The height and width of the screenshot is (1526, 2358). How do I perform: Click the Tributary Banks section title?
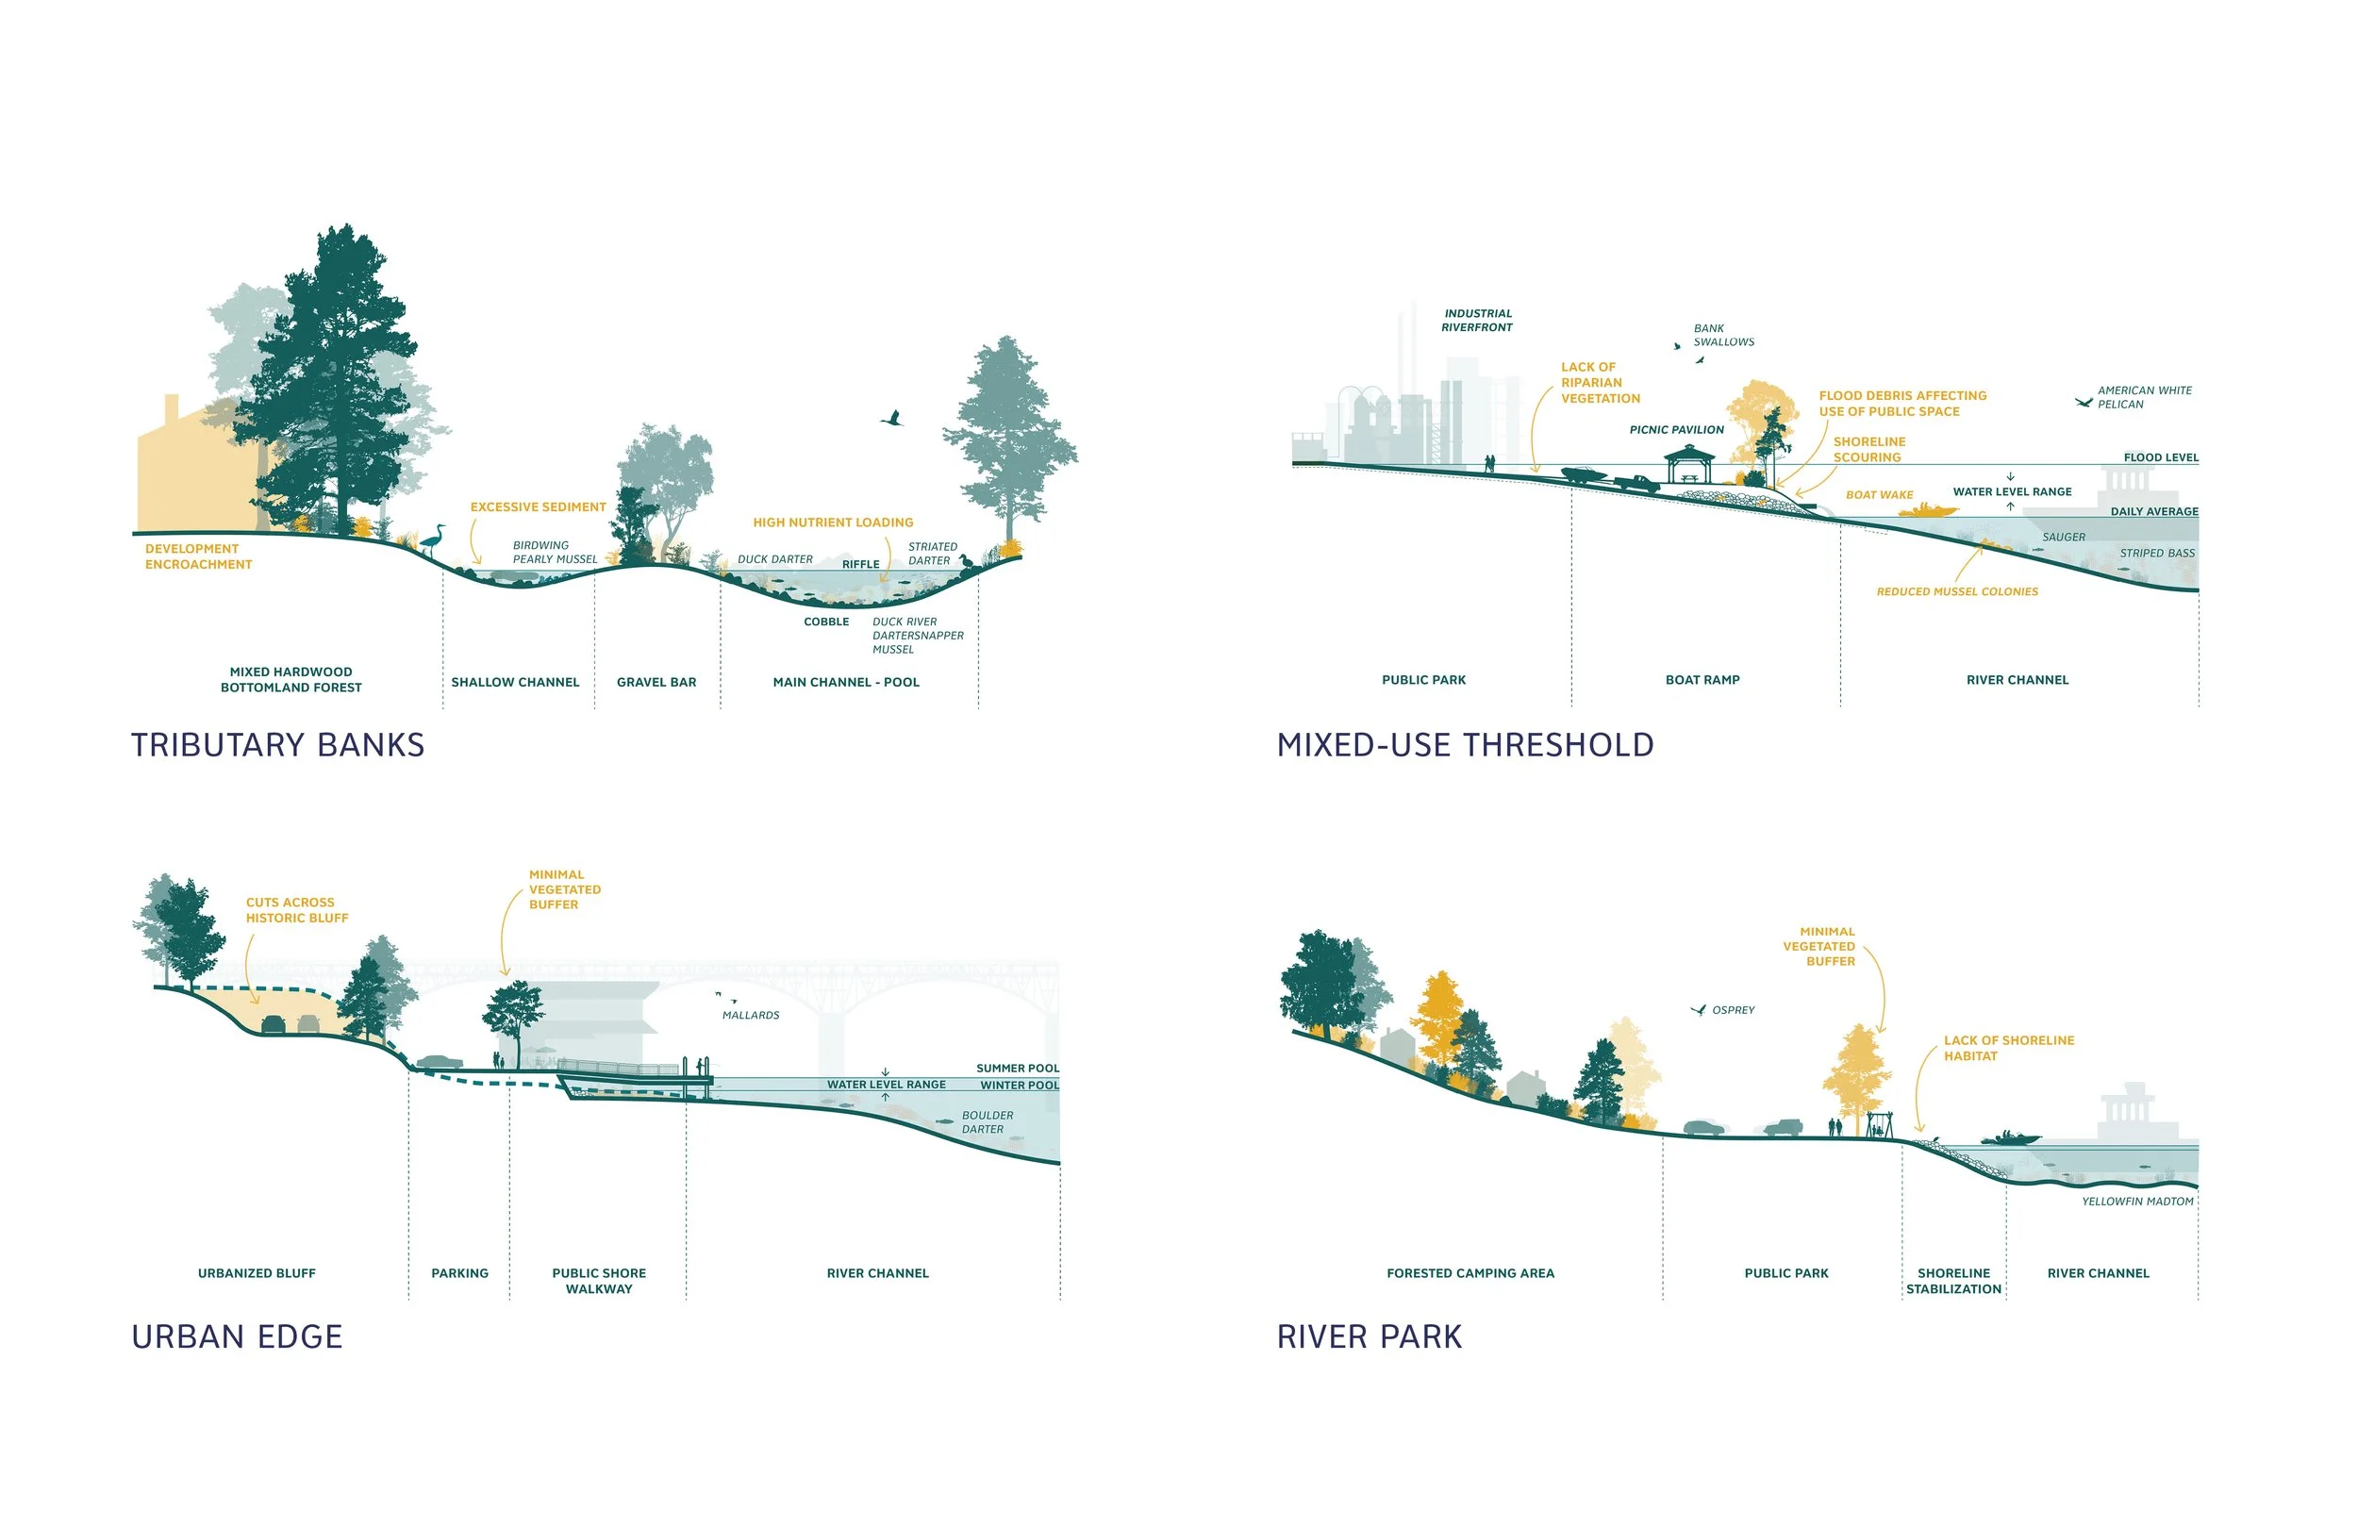tap(277, 745)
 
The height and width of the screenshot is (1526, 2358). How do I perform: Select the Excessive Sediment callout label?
tap(538, 507)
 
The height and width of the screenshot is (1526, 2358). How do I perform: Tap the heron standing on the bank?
tap(433, 540)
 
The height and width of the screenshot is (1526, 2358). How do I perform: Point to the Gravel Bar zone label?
tap(656, 683)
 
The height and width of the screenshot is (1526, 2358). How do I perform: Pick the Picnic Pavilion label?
tap(1676, 430)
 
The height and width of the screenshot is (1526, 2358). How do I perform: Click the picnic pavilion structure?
tap(1689, 465)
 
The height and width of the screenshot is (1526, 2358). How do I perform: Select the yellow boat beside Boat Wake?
tap(1927, 510)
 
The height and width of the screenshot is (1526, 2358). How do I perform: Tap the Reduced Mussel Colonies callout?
tap(1957, 592)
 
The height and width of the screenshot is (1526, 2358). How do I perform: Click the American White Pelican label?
tap(2144, 397)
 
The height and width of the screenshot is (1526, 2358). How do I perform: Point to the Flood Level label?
tap(2161, 457)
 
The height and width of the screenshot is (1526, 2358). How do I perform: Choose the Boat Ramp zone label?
tap(1702, 681)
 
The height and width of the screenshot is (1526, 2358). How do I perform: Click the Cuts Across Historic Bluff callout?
tap(296, 911)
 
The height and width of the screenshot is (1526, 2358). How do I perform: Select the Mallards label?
tap(750, 1016)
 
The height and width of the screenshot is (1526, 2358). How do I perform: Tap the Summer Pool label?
tap(1017, 1070)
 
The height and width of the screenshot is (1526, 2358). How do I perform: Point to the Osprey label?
tap(1733, 1011)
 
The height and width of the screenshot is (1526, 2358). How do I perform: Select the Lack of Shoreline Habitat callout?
tap(2008, 1049)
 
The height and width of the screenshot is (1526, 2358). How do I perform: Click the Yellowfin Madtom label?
tap(2137, 1202)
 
